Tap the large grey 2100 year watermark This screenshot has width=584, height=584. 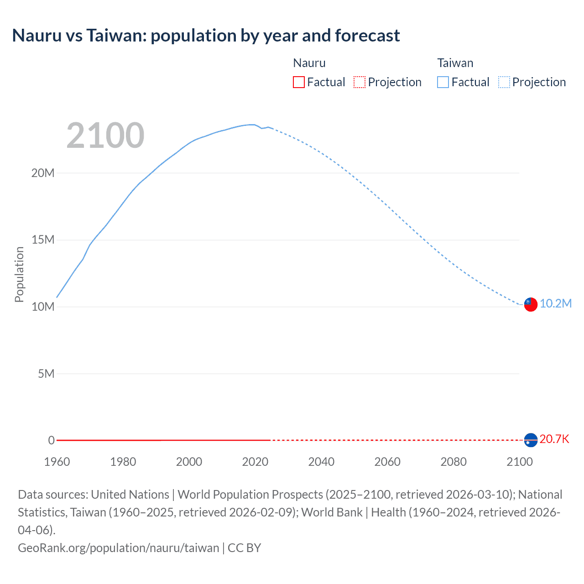[x=105, y=136]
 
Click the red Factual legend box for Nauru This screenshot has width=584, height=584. [x=298, y=82]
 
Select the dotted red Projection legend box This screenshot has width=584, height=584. [x=360, y=82]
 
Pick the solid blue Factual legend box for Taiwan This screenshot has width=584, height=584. [x=443, y=82]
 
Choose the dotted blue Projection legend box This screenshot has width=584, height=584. [x=504, y=82]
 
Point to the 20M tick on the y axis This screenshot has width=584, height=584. [x=43, y=173]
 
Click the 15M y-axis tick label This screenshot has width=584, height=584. [x=43, y=240]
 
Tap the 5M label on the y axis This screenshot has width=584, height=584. [x=46, y=374]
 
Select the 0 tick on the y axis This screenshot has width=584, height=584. [x=51, y=440]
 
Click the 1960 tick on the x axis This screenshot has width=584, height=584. [x=57, y=462]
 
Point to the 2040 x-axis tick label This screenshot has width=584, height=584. [x=321, y=462]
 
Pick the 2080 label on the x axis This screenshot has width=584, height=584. [x=454, y=462]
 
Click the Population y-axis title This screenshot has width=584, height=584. [x=19, y=274]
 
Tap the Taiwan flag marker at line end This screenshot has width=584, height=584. [x=531, y=304]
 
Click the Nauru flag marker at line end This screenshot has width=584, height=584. [x=531, y=440]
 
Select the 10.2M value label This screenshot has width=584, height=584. [x=556, y=303]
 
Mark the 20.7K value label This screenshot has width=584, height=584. [x=554, y=439]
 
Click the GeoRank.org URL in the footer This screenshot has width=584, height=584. [x=119, y=547]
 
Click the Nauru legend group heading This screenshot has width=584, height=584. [x=309, y=63]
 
